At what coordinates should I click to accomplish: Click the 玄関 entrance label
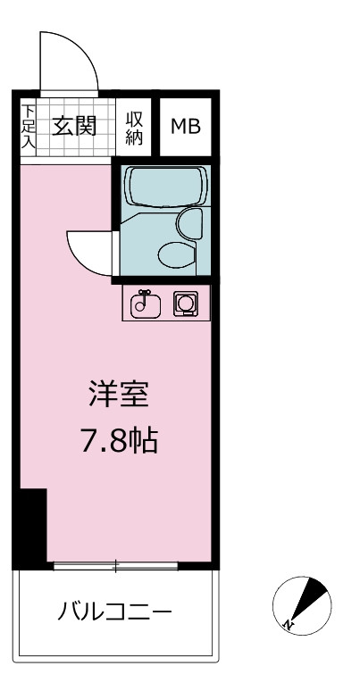[74, 127]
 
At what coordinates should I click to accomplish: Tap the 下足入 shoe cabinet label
[29, 127]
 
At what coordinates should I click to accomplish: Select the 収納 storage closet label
[134, 128]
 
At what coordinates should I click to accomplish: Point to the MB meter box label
[186, 127]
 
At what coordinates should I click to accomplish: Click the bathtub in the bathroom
[166, 187]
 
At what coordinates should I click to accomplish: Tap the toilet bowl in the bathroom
[178, 254]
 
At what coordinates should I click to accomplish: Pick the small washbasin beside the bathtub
[190, 223]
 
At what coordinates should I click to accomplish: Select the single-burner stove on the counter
[186, 304]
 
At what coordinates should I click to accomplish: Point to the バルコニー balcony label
[114, 612]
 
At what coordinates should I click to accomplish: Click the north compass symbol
[302, 605]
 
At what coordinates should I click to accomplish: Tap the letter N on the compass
[288, 623]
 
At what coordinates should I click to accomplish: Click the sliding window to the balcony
[115, 566]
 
